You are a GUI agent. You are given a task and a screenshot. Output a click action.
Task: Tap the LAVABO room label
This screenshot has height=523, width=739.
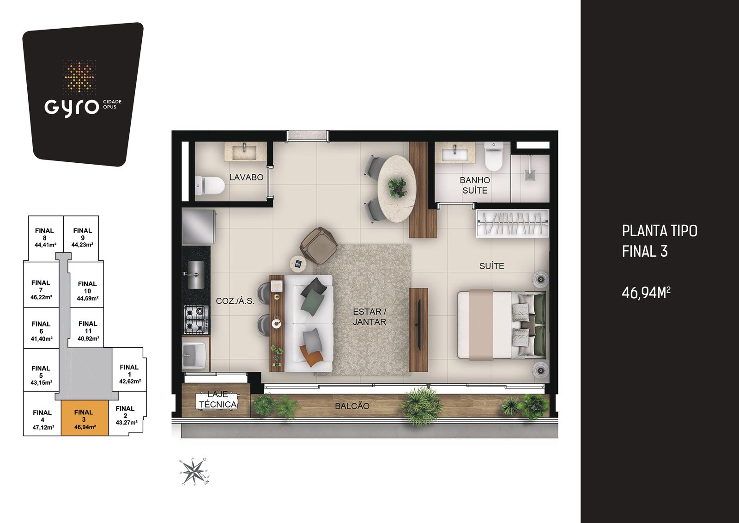tap(247, 178)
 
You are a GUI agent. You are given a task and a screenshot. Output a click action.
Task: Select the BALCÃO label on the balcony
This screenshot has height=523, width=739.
tap(352, 406)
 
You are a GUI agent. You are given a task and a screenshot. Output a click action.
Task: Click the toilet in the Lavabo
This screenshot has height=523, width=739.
tap(210, 185)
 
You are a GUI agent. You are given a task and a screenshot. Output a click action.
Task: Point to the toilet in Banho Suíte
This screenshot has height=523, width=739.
tap(493, 157)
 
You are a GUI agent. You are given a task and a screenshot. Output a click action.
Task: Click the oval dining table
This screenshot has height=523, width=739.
tap(397, 189)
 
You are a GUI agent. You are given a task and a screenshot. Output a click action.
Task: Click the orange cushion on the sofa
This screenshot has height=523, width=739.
tap(310, 356)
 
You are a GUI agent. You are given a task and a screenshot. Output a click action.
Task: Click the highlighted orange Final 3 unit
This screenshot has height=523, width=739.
tap(85, 418)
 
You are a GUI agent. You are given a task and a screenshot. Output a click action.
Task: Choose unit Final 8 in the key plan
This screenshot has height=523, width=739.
tap(45, 238)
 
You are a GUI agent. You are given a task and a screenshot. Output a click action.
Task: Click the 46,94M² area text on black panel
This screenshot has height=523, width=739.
tap(646, 292)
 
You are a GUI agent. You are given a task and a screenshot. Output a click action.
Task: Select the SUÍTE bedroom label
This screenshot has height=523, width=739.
tap(491, 266)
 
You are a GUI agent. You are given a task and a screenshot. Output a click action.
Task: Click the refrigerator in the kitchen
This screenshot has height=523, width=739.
tap(199, 227)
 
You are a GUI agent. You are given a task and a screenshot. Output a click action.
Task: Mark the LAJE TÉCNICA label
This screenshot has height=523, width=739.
tap(218, 400)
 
